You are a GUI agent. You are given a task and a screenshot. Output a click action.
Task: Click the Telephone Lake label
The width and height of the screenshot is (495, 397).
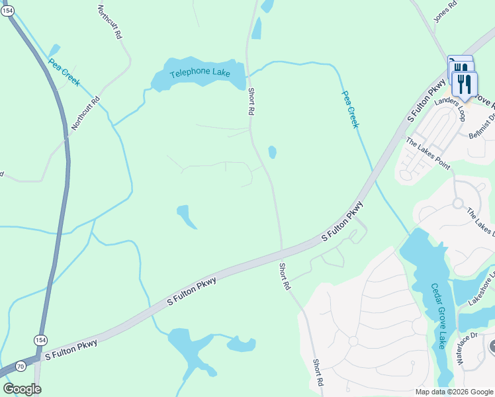[x=199, y=72]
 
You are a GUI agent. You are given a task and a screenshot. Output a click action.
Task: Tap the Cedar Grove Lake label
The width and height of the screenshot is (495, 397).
[x=437, y=316]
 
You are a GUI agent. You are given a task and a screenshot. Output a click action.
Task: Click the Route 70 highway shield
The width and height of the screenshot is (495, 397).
[x=21, y=366]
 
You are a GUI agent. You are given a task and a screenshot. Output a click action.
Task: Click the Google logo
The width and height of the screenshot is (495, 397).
[x=22, y=389]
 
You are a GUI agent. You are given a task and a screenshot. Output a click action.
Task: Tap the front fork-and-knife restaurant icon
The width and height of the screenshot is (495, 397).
[x=465, y=85]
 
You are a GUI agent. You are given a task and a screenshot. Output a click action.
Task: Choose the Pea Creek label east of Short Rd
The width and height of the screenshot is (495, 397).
[x=349, y=109]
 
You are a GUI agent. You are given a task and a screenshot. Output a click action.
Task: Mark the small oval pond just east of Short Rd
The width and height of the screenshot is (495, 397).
[x=272, y=152]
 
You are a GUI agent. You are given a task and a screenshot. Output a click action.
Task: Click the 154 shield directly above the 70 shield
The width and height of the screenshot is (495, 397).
[x=40, y=339]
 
